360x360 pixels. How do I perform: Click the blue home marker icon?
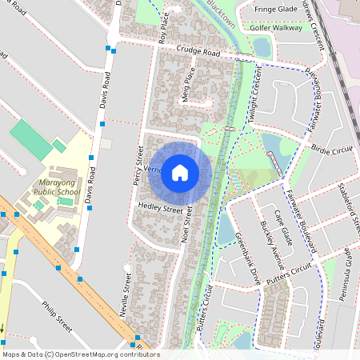[180, 173]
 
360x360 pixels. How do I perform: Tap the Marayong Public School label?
[57, 187]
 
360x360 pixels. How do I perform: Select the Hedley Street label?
[160, 208]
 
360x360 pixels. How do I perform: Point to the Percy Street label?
[137, 165]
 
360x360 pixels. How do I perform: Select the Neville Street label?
[126, 296]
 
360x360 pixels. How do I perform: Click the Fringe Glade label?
[276, 9]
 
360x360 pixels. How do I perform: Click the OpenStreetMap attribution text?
[80, 354]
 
